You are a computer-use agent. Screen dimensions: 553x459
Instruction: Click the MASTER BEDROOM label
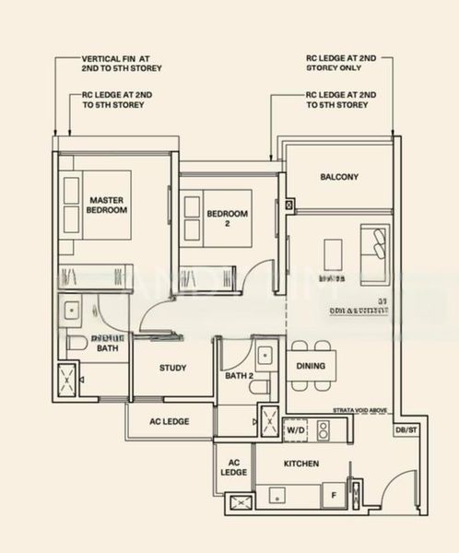click(107, 205)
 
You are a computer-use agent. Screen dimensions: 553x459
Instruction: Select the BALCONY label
click(339, 177)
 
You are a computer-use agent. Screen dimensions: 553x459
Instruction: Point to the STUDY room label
click(172, 369)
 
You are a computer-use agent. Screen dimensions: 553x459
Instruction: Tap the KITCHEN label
click(301, 464)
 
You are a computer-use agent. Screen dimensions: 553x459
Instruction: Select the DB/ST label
click(406, 429)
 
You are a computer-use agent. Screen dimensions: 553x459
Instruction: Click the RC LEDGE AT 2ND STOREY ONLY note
click(341, 63)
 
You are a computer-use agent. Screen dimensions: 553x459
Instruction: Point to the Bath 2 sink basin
click(265, 352)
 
